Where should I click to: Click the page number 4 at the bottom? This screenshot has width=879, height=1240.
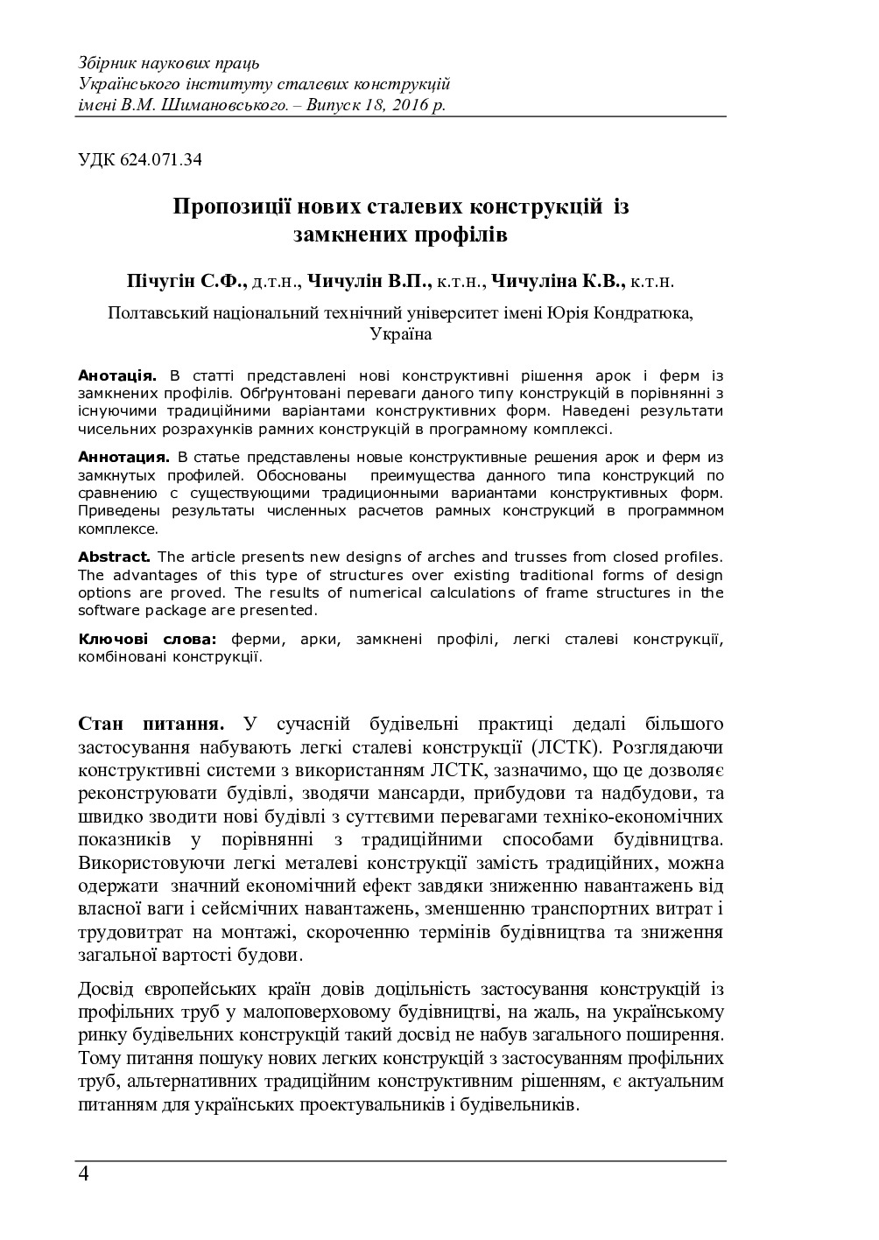point(83,1174)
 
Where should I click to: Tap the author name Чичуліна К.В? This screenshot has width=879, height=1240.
point(558,282)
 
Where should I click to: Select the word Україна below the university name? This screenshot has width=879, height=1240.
point(400,333)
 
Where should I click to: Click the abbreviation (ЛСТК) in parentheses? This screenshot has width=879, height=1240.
point(564,747)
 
